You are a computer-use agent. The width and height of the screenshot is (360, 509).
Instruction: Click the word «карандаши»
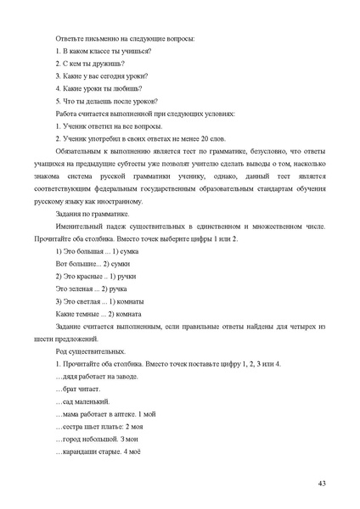pyautogui.click(x=79, y=450)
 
